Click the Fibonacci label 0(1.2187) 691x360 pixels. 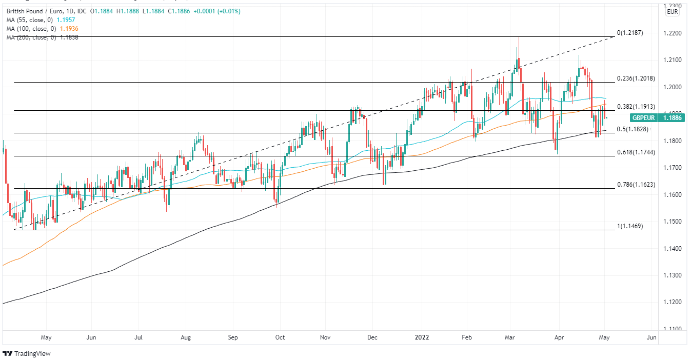point(630,33)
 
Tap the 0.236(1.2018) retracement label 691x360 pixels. point(636,78)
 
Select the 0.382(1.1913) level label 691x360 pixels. point(636,106)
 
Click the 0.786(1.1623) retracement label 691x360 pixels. point(636,184)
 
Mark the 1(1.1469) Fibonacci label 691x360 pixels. point(630,226)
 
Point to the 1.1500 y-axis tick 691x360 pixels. point(672,222)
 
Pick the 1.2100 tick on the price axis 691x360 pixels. point(672,60)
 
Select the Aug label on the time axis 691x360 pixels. point(186,337)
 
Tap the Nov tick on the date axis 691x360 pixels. point(325,337)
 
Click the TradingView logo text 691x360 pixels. point(32,354)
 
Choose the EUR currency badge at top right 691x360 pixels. point(672,12)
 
